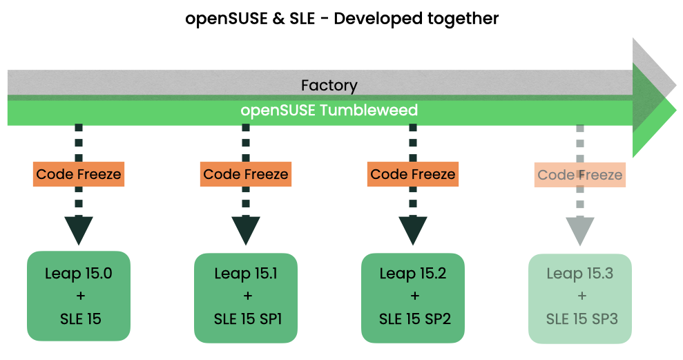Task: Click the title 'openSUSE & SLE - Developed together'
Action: pyautogui.click(x=342, y=19)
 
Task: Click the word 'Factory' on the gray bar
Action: pyautogui.click(x=329, y=86)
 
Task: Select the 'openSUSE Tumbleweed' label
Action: pyautogui.click(x=329, y=111)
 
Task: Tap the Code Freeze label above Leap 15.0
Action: pyautogui.click(x=79, y=174)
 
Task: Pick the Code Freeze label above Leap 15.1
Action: pyautogui.click(x=246, y=174)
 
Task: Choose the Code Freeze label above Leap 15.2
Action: pyautogui.click(x=413, y=174)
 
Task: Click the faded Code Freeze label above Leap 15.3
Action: pyautogui.click(x=580, y=175)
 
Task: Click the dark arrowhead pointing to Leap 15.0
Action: pyautogui.click(x=79, y=229)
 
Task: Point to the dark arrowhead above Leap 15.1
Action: pyautogui.click(x=246, y=229)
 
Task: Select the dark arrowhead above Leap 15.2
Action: pyautogui.click(x=413, y=229)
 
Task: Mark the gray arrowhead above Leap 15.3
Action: pyautogui.click(x=580, y=229)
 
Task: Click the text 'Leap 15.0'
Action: pyautogui.click(x=79, y=274)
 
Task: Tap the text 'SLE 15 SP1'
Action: pyautogui.click(x=246, y=319)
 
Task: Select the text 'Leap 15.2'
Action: pyautogui.click(x=413, y=274)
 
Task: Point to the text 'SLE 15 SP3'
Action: pyautogui.click(x=580, y=319)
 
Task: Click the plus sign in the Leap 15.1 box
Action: pyautogui.click(x=246, y=296)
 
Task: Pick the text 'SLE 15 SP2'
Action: pyautogui.click(x=413, y=319)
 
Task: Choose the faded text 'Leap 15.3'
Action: pyautogui.click(x=580, y=274)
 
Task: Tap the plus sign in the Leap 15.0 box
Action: pyautogui.click(x=79, y=296)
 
